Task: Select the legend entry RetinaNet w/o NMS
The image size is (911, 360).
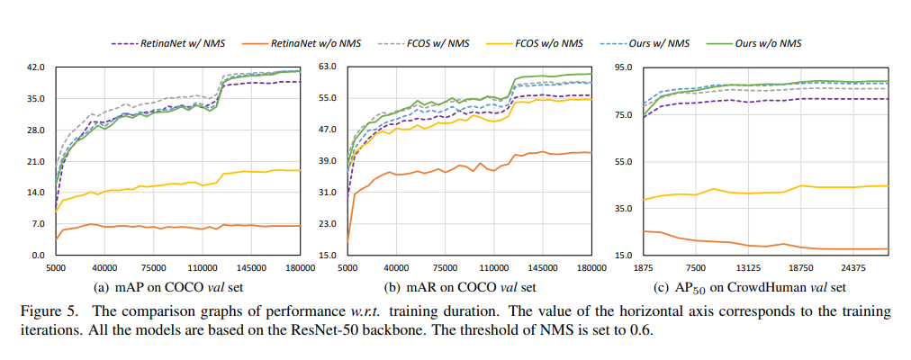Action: click(x=309, y=42)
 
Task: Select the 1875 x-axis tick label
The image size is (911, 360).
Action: click(x=642, y=268)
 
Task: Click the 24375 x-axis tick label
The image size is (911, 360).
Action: click(x=852, y=268)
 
